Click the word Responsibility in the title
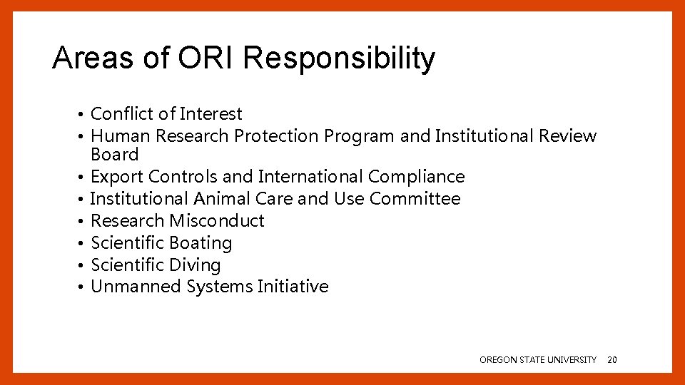click(338, 58)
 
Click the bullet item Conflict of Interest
click(166, 114)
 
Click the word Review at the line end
click(568, 136)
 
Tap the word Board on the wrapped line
click(114, 155)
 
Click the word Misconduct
click(217, 221)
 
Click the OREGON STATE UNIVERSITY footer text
click(537, 360)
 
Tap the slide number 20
click(612, 360)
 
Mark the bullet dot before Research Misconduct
click(83, 222)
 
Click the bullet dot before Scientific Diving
click(83, 266)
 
